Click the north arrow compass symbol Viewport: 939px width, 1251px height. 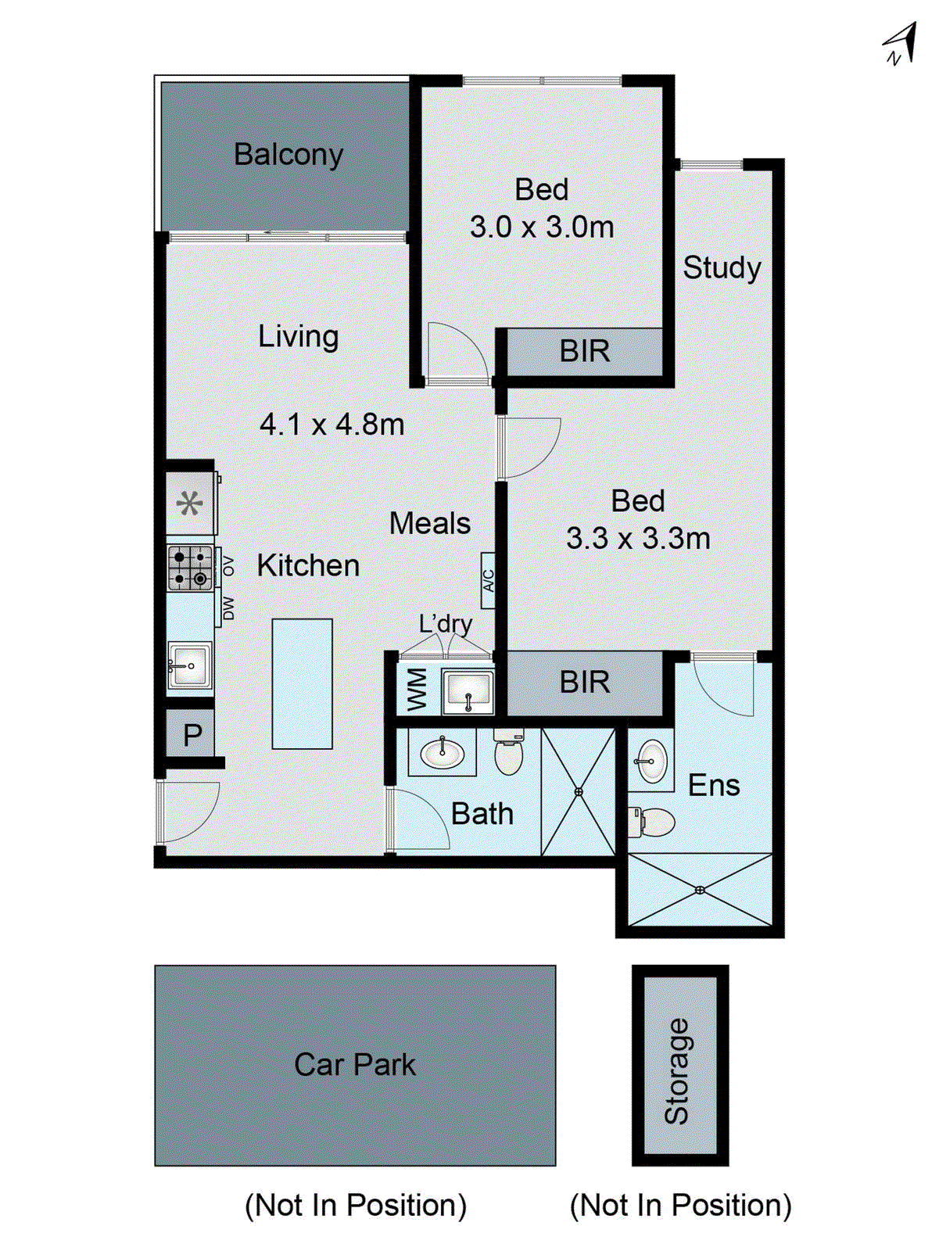pyautogui.click(x=900, y=44)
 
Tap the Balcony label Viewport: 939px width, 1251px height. pyautogui.click(x=289, y=154)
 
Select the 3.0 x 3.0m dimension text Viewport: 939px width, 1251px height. pyautogui.click(x=542, y=228)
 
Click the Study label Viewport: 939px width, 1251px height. pyautogui.click(x=722, y=267)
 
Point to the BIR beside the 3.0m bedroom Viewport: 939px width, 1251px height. pyautogui.click(x=584, y=351)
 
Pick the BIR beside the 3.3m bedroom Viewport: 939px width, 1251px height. pyautogui.click(x=584, y=683)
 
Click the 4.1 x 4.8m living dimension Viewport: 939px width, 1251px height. pyautogui.click(x=332, y=425)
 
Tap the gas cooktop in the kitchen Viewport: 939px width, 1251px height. pyautogui.click(x=190, y=568)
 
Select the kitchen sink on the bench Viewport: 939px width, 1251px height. pyautogui.click(x=189, y=665)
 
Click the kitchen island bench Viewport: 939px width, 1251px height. pyautogui.click(x=302, y=683)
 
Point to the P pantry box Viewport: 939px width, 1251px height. pyautogui.click(x=192, y=735)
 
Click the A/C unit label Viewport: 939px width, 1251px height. pyautogui.click(x=489, y=581)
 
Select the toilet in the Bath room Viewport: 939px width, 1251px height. pyautogui.click(x=508, y=752)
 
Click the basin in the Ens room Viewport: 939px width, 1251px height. pyautogui.click(x=651, y=760)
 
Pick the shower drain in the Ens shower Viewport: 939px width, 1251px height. pyautogui.click(x=700, y=890)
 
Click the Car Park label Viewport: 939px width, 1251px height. pyautogui.click(x=355, y=1065)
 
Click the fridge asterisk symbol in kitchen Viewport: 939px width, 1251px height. pyautogui.click(x=190, y=503)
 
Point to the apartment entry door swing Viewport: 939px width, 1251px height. pyautogui.click(x=188, y=813)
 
